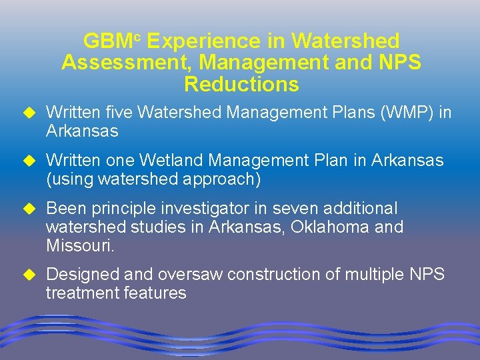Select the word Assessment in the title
coord(127,63)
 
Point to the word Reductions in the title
coord(241,85)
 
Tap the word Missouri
coord(80,246)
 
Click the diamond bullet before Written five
coord(29,113)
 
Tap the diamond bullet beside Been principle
coord(29,209)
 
